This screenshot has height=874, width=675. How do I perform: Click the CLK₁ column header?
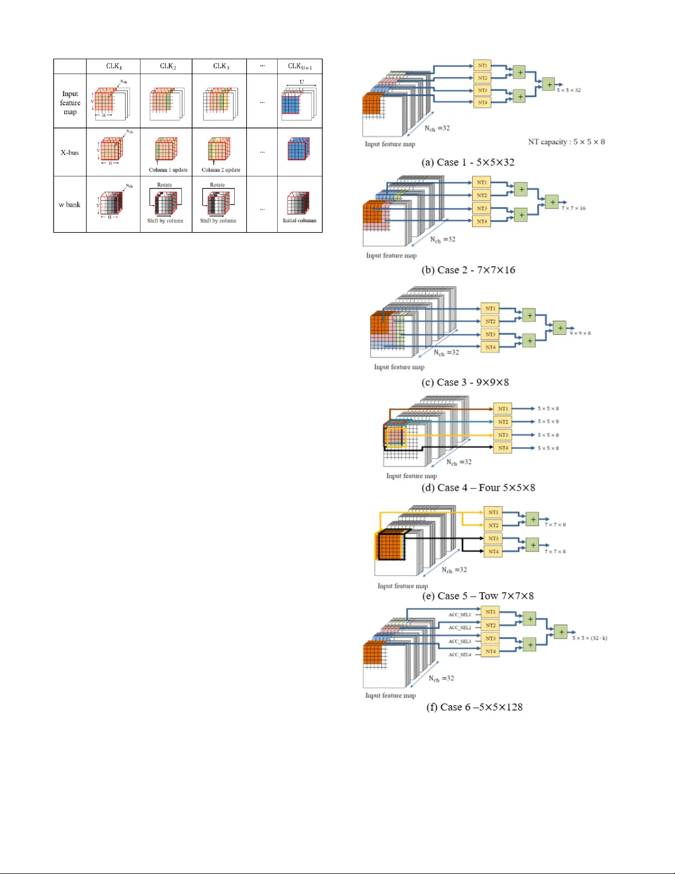114,66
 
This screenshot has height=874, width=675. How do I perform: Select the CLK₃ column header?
221,66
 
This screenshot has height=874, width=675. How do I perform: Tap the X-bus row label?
70,152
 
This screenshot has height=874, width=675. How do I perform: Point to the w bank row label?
70,205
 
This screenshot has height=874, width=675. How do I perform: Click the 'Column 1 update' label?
168,170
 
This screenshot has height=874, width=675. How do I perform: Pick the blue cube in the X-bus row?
298,149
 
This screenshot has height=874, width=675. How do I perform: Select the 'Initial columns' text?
300,221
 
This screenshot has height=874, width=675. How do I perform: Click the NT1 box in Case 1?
482,66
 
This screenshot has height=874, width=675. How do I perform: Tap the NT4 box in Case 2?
482,221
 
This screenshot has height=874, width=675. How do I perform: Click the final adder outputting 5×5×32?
549,84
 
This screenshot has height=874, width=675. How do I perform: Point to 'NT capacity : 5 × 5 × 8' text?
566,142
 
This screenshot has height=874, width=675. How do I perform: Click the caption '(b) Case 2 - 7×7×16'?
468,270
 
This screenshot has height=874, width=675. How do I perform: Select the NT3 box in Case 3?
490,334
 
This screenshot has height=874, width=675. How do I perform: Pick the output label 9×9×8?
580,333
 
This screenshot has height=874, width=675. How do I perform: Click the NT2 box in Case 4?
503,422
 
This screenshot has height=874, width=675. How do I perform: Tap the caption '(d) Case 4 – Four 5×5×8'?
478,487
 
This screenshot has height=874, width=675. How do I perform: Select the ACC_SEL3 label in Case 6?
460,641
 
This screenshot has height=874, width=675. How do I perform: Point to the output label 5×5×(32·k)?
590,638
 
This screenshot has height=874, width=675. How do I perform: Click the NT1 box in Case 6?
490,612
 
